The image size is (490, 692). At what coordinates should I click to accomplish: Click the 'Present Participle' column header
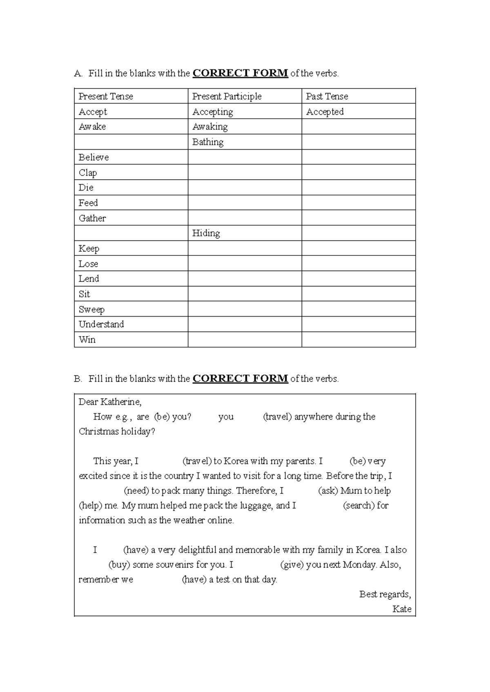point(227,96)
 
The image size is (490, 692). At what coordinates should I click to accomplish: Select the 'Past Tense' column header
point(327,96)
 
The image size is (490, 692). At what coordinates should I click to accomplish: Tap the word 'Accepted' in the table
point(325,112)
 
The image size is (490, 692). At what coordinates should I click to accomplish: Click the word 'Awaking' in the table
point(210,127)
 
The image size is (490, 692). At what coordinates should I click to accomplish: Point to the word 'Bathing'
point(208,142)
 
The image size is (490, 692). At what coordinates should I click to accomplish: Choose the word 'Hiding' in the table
point(206,233)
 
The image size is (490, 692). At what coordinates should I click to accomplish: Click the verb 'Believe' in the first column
point(94,157)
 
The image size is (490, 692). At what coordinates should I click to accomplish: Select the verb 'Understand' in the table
point(101,324)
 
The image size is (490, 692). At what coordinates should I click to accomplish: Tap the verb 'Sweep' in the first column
point(91,309)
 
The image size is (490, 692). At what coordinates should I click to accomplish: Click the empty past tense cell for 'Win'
point(359,339)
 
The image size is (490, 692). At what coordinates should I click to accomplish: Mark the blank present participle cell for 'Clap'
point(245,173)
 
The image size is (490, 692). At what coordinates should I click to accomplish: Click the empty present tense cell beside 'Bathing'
point(131,142)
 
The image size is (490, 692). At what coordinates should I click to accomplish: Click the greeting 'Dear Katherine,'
point(110,402)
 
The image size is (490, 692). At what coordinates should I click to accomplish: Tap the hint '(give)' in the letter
point(292,565)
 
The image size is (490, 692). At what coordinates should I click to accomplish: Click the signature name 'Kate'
point(402,609)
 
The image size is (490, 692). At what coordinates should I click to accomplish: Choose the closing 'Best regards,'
point(385,594)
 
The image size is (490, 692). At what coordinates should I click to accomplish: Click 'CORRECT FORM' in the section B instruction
point(240,379)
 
